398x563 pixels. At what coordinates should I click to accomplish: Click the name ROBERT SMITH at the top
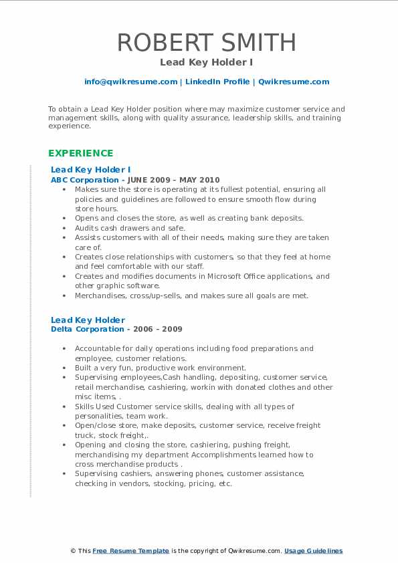pos(207,43)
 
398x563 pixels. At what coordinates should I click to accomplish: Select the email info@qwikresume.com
pos(130,82)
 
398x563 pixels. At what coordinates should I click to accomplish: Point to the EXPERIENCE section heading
pos(81,152)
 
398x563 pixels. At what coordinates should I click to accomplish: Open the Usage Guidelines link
pos(313,551)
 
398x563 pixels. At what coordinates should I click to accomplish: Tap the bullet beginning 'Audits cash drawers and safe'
pos(130,228)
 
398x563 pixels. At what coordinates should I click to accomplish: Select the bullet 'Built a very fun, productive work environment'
pos(161,368)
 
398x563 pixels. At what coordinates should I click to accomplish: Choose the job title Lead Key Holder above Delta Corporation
pos(88,320)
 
